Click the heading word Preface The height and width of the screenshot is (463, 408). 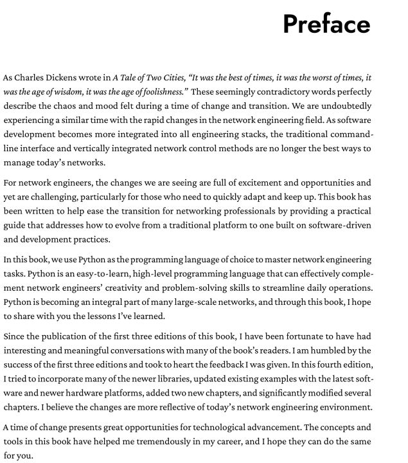pyautogui.click(x=326, y=24)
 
